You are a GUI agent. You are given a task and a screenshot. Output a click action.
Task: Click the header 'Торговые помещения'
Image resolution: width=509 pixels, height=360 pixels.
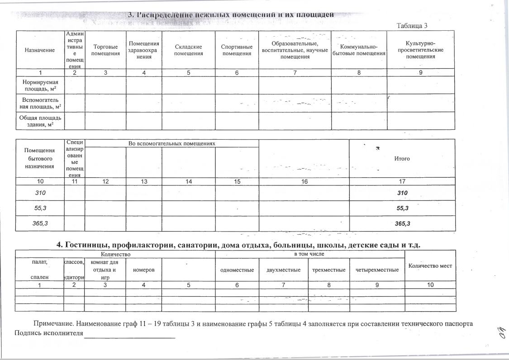click(x=105, y=50)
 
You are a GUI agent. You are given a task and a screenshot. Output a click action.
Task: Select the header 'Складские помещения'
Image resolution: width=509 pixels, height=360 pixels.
click(x=188, y=50)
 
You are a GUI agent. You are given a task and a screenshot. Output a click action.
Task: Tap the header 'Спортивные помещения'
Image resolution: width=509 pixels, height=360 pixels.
click(x=236, y=50)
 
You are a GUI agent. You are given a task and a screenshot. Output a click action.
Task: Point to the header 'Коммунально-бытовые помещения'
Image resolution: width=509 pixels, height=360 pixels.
click(x=358, y=50)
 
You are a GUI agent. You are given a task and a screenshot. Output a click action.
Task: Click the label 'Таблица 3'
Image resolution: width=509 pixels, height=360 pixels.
click(x=412, y=25)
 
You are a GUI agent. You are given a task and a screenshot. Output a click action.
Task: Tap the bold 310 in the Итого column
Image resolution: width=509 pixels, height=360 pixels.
click(x=402, y=193)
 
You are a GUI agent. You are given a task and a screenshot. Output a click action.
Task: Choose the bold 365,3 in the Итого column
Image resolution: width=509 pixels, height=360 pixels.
click(x=402, y=223)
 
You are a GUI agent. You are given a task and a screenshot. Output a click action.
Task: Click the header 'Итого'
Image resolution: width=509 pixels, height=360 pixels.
click(x=402, y=159)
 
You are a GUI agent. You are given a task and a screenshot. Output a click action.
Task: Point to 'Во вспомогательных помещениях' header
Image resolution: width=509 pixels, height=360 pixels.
click(x=171, y=143)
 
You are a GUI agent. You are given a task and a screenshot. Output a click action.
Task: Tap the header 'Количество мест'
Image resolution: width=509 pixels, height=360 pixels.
click(x=430, y=266)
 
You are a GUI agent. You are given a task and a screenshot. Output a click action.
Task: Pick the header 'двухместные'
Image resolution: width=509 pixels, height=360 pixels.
click(x=284, y=270)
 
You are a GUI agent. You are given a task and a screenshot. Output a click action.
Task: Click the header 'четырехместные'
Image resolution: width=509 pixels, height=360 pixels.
click(x=377, y=270)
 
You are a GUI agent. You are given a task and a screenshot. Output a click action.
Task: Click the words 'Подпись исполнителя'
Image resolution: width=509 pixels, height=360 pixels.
click(x=49, y=334)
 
